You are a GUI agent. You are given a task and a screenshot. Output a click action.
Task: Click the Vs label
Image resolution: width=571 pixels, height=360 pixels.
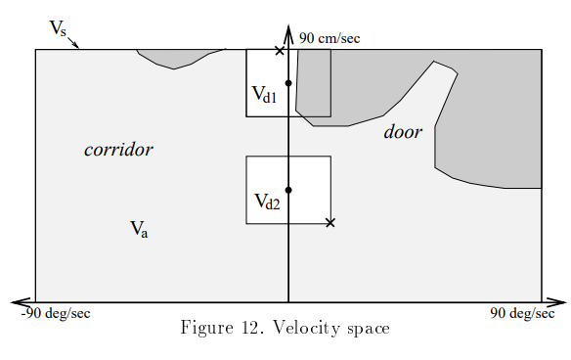59,28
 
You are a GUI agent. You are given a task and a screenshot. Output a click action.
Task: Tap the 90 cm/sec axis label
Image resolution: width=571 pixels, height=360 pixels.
329,38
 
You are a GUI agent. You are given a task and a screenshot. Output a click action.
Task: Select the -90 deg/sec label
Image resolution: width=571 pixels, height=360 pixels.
56,314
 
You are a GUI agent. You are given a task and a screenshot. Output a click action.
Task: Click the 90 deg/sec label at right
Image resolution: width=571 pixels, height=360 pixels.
523,314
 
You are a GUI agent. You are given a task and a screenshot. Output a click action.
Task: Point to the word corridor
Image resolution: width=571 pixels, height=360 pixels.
118,150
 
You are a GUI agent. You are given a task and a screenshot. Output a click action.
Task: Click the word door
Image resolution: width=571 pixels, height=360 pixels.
403,132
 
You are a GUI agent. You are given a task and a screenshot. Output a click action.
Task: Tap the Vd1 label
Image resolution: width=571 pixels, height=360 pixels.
264,95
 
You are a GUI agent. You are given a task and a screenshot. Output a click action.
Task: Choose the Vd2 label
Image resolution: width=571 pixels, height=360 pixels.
267,202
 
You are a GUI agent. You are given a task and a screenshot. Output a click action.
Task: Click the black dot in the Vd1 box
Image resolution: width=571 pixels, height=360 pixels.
288,83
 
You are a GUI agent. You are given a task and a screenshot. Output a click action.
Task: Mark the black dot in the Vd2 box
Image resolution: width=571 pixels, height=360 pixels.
288,190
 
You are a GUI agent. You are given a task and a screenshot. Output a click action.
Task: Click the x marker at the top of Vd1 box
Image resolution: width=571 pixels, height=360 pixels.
280,50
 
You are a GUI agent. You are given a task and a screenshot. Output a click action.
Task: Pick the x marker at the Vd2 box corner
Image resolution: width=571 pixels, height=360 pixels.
330,223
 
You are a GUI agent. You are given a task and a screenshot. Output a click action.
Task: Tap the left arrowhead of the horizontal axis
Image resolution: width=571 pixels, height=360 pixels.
18,302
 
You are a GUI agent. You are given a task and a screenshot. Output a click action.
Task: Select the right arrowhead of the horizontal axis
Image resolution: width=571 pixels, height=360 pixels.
560,302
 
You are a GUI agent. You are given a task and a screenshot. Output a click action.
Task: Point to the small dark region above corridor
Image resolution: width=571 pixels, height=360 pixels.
178,58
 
